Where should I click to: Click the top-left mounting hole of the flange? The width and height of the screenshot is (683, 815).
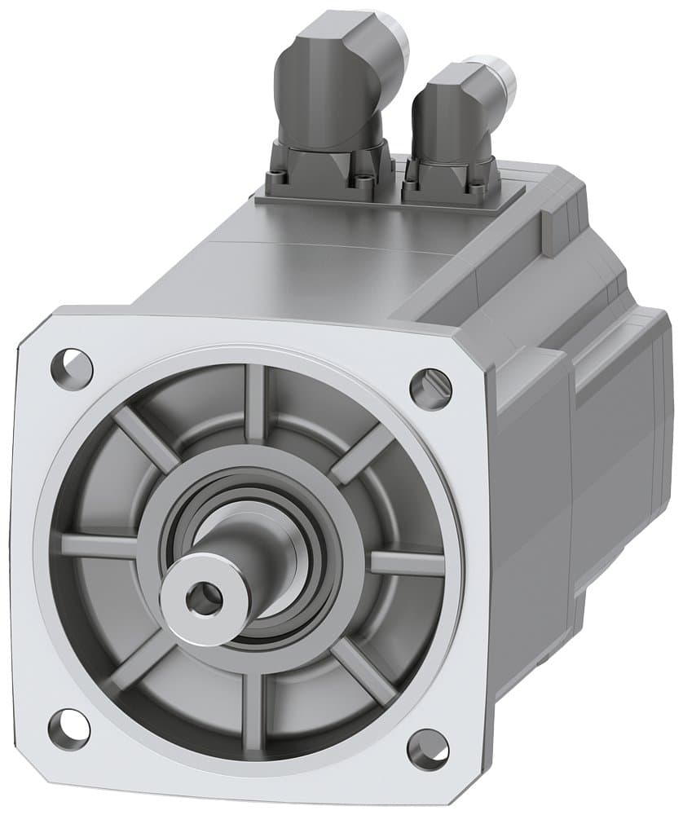click(x=72, y=364)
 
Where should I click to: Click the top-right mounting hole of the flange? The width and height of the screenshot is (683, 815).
click(x=430, y=388)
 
